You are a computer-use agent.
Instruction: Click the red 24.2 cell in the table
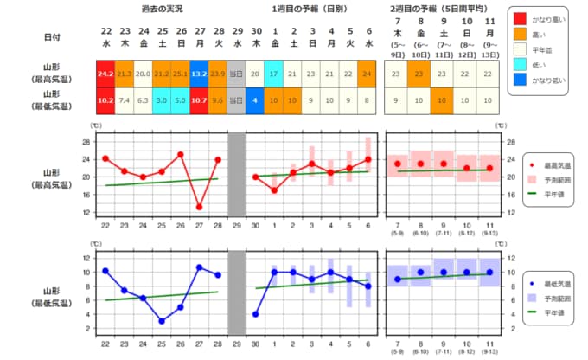pyautogui.click(x=105, y=74)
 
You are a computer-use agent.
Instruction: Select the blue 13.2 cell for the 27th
pyautogui.click(x=199, y=74)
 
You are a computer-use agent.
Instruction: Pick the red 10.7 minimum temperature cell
pyautogui.click(x=199, y=100)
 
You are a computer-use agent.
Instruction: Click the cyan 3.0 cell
pyautogui.click(x=162, y=100)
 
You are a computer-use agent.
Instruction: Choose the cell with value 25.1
pyautogui.click(x=180, y=74)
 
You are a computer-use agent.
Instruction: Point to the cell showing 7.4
pyautogui.click(x=125, y=100)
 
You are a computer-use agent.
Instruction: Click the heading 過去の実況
pyautogui.click(x=161, y=8)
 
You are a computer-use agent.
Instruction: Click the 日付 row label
pyautogui.click(x=53, y=37)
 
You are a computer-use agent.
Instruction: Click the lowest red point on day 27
pyautogui.click(x=199, y=207)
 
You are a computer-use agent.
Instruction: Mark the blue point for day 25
pyautogui.click(x=162, y=321)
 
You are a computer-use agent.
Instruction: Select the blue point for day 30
pyautogui.click(x=255, y=314)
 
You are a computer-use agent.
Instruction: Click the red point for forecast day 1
pyautogui.click(x=273, y=190)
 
